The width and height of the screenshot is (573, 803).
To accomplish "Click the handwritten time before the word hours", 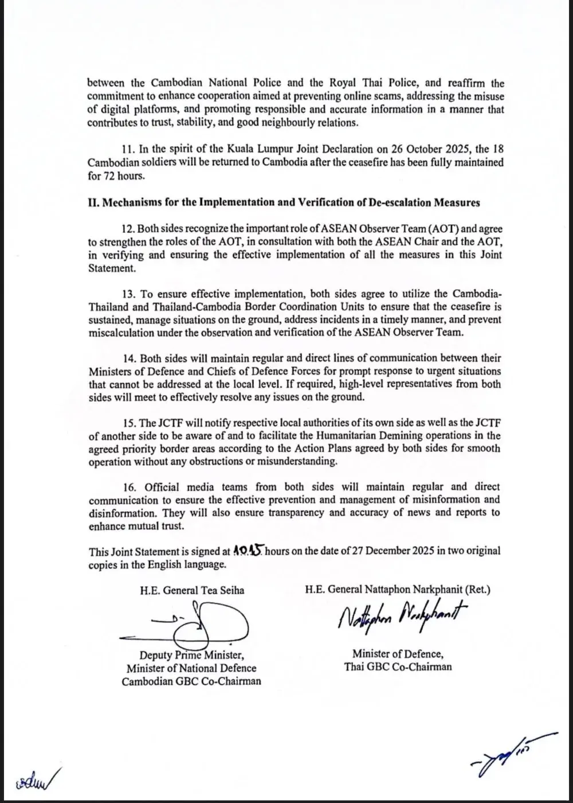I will coord(248,551).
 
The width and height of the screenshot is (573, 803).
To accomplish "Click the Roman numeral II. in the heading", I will coord(93,202).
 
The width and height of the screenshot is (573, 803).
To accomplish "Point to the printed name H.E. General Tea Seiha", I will coord(191,590).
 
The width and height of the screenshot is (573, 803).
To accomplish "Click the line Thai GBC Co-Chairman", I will coord(398,666).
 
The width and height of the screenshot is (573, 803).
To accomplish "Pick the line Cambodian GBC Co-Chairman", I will coord(191,681).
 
